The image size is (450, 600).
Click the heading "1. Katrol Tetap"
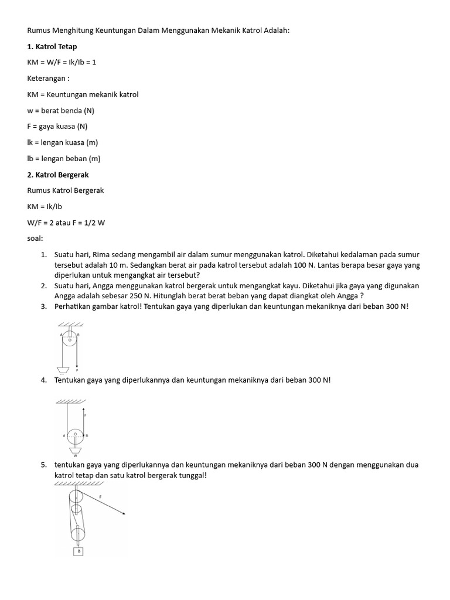coord(52,46)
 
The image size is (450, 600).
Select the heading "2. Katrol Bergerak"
coord(58,175)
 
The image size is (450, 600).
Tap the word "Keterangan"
coord(47,79)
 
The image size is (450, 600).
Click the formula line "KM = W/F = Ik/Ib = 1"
coord(62,62)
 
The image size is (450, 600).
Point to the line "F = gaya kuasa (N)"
coord(57,127)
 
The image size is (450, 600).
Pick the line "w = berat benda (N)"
coord(60,111)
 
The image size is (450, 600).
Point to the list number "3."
coord(44,306)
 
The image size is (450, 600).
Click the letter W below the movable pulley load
coord(75,455)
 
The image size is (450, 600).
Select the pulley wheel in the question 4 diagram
coord(76,435)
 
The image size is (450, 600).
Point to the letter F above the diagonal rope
coord(100,495)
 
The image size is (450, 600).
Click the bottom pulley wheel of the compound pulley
coord(77,533)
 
